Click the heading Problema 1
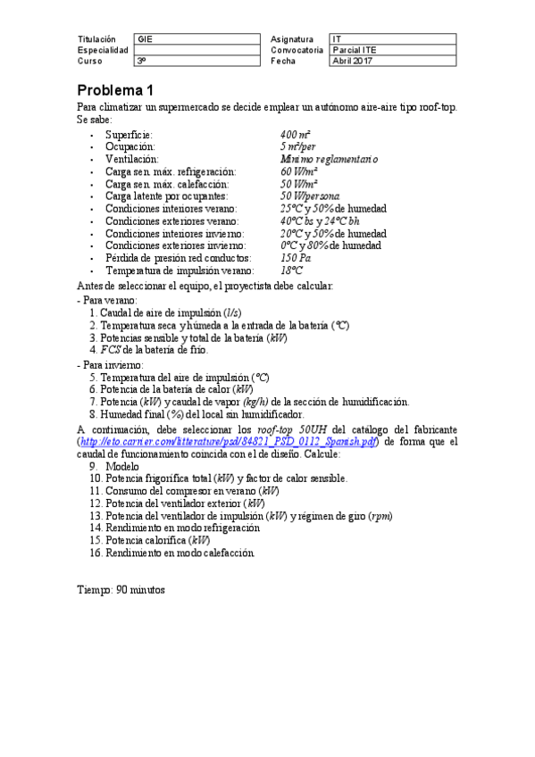(x=115, y=90)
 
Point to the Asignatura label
(x=291, y=39)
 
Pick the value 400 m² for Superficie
(x=296, y=133)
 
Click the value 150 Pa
(x=296, y=258)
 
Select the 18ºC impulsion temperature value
(x=291, y=270)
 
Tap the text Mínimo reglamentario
(x=329, y=158)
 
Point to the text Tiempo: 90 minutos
(x=121, y=590)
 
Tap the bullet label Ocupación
(x=130, y=146)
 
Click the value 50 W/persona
(x=309, y=195)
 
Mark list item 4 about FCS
(x=148, y=350)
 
